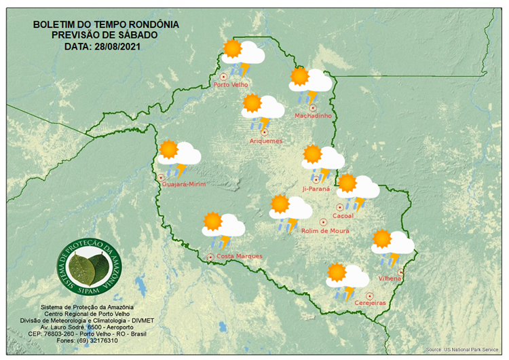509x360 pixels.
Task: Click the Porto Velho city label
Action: pyautogui.click(x=231, y=85)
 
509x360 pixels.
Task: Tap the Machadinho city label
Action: pyautogui.click(x=313, y=116)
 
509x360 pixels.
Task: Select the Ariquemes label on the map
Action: pyautogui.click(x=265, y=141)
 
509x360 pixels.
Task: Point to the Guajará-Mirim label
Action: pyautogui.click(x=184, y=184)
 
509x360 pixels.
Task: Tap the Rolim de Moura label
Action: pyautogui.click(x=325, y=231)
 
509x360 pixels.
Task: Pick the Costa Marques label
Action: pyautogui.click(x=239, y=257)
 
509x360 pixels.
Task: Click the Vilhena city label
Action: pyautogui.click(x=390, y=279)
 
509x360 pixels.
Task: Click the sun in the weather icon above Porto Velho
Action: pyautogui.click(x=233, y=48)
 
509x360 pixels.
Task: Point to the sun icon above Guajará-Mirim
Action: pyautogui.click(x=168, y=149)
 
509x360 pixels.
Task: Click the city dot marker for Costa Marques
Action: pyautogui.click(x=210, y=257)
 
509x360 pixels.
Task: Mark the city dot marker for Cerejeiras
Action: pyautogui.click(x=369, y=295)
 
